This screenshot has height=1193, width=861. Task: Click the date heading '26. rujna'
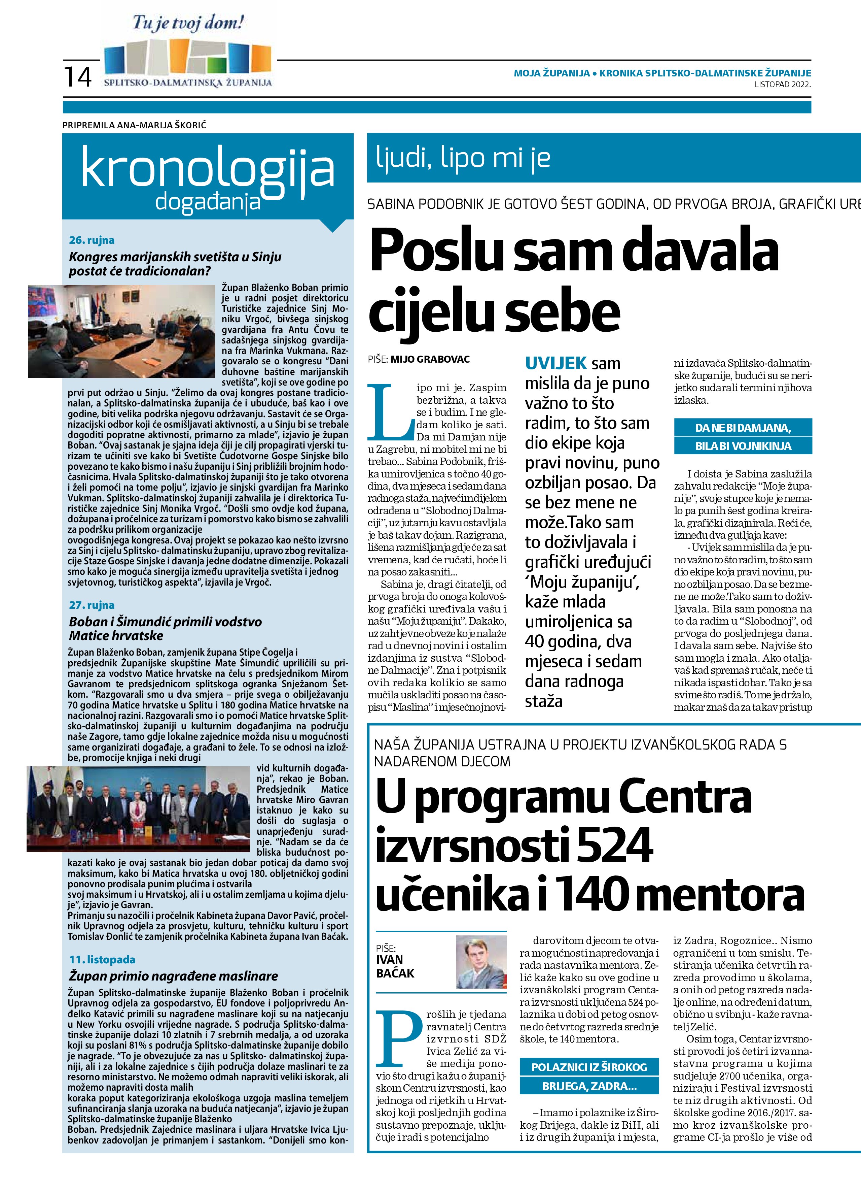click(x=92, y=240)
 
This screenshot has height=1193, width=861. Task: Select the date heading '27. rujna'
click(x=92, y=605)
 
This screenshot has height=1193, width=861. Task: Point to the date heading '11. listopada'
click(x=102, y=959)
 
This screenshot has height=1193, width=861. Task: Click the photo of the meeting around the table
click(x=122, y=331)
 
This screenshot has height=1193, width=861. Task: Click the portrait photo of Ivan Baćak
click(x=481, y=962)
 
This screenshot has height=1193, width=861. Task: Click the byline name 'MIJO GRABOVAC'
click(x=430, y=359)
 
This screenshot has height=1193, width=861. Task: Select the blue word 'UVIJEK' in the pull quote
click(x=555, y=363)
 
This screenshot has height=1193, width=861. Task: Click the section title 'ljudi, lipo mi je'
click(x=463, y=158)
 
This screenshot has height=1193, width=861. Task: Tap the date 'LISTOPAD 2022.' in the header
click(x=783, y=84)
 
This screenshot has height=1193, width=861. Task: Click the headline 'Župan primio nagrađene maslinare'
click(x=174, y=976)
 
